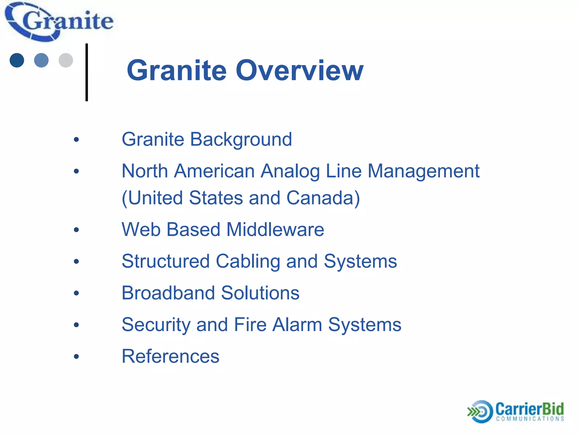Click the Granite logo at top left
coord(59,22)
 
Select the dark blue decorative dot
coord(17,60)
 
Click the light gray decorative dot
coord(66,60)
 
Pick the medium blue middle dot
coord(41,60)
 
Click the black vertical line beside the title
coord(87,72)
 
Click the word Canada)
coord(323,198)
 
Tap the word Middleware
coord(275,229)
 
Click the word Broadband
coord(168,293)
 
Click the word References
coord(170,356)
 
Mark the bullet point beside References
coord(76,357)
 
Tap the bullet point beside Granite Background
coord(76,140)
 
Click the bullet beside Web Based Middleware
coord(76,230)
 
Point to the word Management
coord(423,171)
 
